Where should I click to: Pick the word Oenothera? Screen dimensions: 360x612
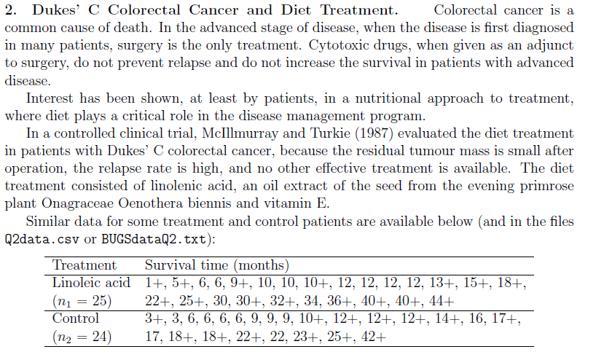158,203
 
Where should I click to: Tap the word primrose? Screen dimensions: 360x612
539,186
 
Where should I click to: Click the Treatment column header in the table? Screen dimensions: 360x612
85,265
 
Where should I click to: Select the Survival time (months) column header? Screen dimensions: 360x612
217,265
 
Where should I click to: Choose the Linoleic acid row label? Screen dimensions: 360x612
91,282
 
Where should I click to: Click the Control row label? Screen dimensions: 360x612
75,318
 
